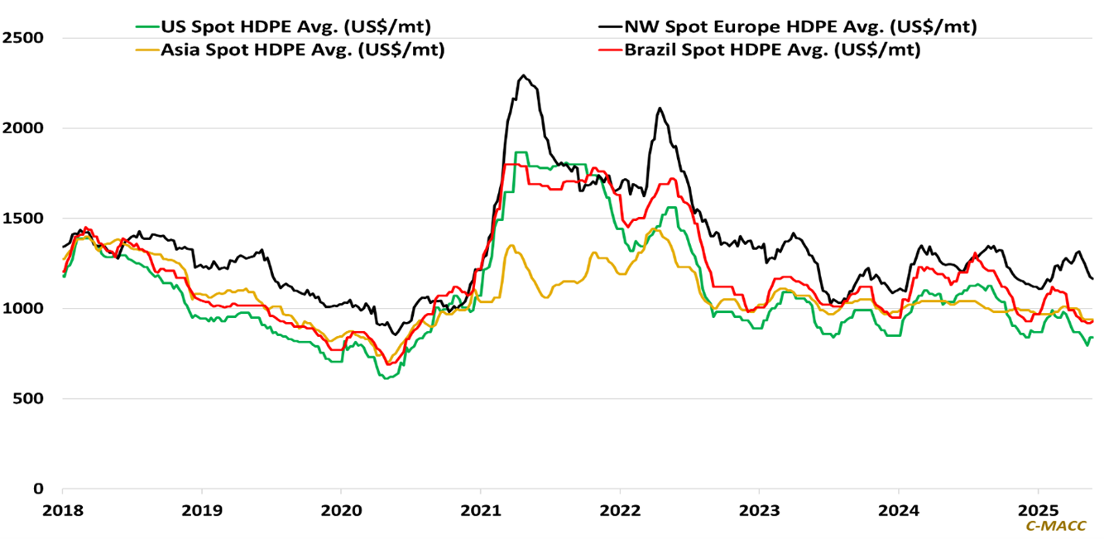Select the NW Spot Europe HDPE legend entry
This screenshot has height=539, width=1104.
tap(794, 26)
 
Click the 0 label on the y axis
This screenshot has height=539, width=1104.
tap(39, 489)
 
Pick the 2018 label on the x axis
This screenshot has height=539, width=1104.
tap(63, 508)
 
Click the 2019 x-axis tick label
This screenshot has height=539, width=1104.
tap(202, 508)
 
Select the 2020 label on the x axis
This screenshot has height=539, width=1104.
tap(341, 508)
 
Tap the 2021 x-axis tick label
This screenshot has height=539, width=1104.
tap(481, 508)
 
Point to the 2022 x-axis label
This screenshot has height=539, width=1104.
tap(620, 508)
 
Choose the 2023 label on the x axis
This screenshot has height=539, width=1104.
tap(759, 508)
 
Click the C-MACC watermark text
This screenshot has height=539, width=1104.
tap(1055, 526)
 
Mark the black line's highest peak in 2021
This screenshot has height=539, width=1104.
tap(523, 75)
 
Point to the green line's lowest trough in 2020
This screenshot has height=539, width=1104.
tap(386, 378)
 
